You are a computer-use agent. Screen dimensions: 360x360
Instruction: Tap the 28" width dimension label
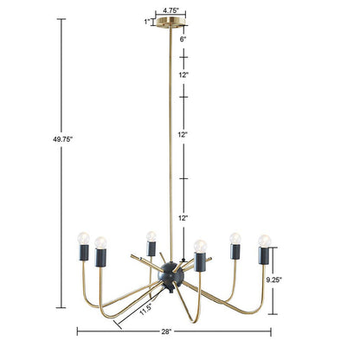(x=166, y=331)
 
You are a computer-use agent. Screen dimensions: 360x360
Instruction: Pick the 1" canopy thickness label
(x=148, y=22)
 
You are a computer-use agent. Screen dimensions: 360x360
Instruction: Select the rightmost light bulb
(x=264, y=240)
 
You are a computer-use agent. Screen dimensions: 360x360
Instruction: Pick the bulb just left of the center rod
(x=151, y=236)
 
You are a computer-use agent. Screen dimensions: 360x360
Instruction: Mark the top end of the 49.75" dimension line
(x=61, y=19)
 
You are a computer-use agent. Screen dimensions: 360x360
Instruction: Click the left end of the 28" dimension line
(x=77, y=331)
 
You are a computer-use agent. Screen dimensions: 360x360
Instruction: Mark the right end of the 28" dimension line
(x=272, y=331)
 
